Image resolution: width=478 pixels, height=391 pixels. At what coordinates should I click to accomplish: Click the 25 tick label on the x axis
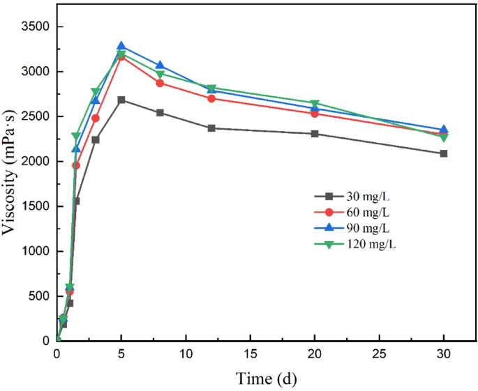[380, 354]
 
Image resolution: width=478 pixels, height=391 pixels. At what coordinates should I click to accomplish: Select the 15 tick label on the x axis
[251, 354]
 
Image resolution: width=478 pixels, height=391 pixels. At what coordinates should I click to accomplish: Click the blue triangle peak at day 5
[121, 46]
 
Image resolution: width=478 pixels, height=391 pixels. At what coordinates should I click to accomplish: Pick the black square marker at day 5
[121, 100]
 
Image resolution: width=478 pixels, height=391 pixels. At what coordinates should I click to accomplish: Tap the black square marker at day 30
[444, 153]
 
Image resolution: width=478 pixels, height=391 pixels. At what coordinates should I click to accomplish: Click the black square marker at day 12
[211, 128]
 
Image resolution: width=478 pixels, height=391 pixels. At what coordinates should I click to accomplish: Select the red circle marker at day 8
[160, 83]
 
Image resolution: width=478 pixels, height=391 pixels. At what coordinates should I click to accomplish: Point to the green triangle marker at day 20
[315, 104]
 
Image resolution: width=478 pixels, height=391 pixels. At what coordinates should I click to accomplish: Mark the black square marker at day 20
[315, 134]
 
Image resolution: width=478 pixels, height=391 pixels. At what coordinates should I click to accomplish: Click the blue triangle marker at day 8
[160, 65]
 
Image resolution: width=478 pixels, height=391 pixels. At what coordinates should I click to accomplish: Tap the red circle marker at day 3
[96, 118]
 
